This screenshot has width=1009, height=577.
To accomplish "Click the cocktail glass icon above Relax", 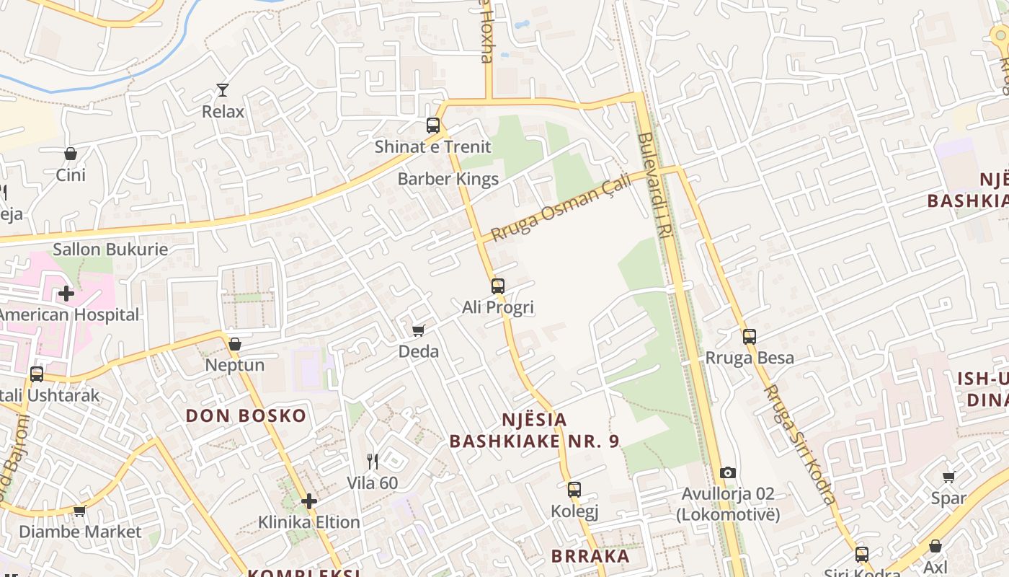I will coord(223,90).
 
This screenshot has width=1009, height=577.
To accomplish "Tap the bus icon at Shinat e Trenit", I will coord(432,125).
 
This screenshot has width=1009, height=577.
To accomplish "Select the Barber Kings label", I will coord(448,179).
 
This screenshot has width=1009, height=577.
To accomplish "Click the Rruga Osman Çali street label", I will coord(561,208).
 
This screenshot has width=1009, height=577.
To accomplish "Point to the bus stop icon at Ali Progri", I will coord(497,286).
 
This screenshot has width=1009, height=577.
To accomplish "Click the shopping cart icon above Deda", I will coord(418,330).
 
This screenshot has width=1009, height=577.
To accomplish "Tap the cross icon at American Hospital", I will coord(66,294).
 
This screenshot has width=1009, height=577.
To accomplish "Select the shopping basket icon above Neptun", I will coord(234,344).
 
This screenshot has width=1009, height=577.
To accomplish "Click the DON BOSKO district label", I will coord(246,415).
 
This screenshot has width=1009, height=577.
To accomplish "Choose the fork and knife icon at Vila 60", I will coord(373,462).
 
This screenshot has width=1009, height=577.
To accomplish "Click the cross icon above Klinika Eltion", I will coord(309,501).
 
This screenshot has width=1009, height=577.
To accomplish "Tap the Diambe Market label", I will coord(80,532).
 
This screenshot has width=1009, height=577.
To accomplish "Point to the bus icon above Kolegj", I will coord(574,490).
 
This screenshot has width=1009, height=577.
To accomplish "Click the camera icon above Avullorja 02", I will coord(728,473).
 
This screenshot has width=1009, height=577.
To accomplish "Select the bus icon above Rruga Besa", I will coord(750,337).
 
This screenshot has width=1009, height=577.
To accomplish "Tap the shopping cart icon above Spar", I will coord(949,477).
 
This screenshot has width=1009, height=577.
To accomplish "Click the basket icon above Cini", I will coord(71,154).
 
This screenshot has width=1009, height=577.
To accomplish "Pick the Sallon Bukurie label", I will coord(110,250).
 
